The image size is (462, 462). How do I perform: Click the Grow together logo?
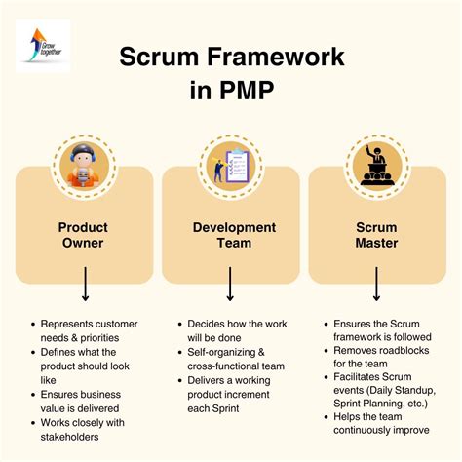tap(45, 45)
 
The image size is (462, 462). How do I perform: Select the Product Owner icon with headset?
tap(83, 165)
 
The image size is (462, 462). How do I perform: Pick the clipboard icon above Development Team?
tap(230, 165)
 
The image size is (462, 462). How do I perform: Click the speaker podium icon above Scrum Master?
tap(377, 165)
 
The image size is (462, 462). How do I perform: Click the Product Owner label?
tap(83, 237)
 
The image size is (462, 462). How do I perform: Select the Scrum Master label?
tap(377, 237)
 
